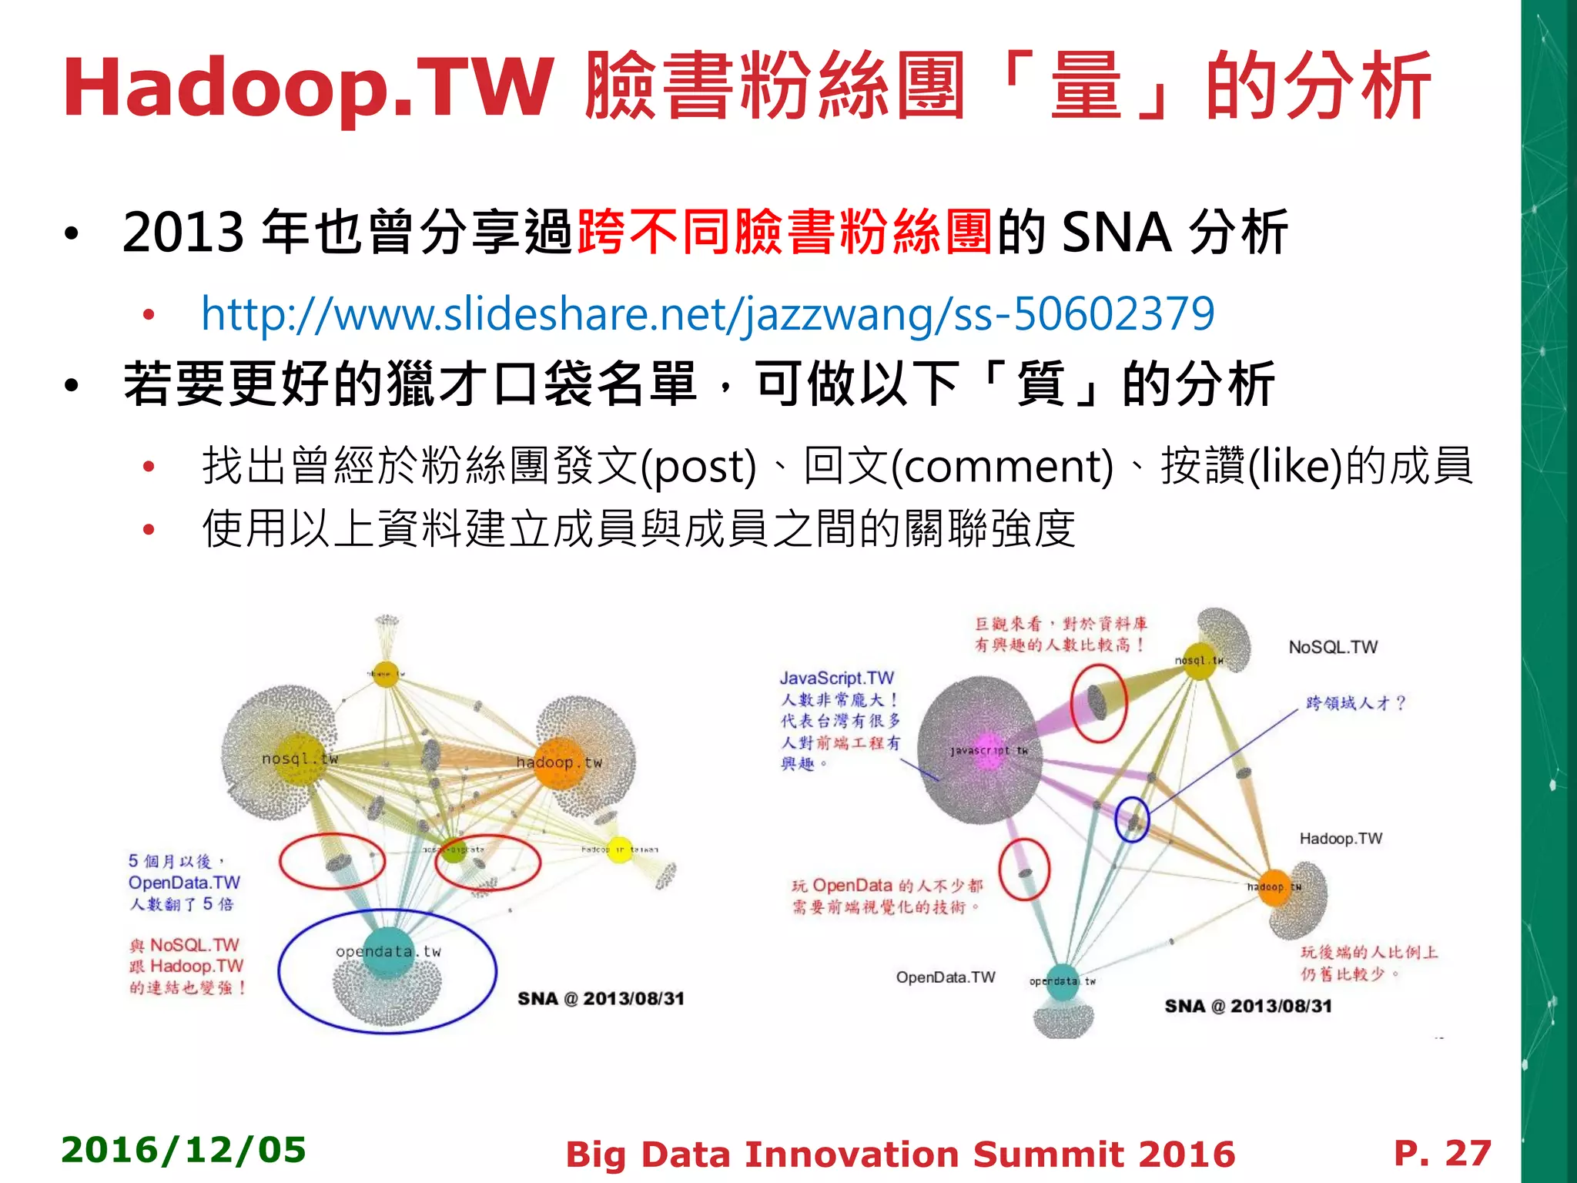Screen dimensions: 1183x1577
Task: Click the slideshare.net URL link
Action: click(707, 314)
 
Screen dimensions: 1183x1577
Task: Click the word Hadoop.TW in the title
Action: click(308, 88)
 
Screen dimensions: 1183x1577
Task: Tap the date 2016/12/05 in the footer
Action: click(183, 1150)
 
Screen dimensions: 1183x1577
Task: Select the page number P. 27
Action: click(1442, 1153)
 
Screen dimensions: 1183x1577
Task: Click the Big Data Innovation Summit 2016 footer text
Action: click(899, 1155)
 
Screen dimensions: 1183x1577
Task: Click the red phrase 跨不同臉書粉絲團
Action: click(784, 232)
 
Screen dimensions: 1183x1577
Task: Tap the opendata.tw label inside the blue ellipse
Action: click(388, 951)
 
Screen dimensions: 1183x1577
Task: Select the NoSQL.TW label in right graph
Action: click(1333, 647)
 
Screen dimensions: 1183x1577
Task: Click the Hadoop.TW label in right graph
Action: click(1341, 838)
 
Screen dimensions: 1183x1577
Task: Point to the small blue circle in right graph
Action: click(1132, 819)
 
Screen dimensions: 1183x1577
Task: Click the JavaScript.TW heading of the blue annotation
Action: click(836, 678)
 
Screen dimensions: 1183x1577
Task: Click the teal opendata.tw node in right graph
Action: click(1063, 981)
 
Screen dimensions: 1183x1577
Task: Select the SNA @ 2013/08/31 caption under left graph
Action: click(601, 999)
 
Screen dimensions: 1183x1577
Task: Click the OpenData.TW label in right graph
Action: click(945, 977)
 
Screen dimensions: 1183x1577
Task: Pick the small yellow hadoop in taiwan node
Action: click(619, 850)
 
